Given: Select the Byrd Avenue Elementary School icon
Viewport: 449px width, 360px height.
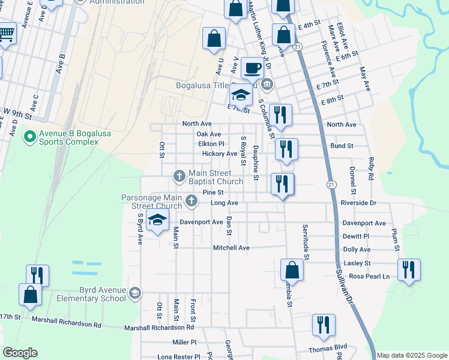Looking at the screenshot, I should pos(136,293).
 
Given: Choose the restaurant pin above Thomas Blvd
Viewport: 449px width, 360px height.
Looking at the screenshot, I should pos(324,325).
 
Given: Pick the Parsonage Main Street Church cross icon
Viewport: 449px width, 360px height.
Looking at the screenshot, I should pos(191,200).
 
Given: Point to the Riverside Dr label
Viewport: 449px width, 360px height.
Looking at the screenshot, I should pos(359,203).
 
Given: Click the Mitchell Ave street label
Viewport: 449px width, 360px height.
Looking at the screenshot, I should pos(231,247).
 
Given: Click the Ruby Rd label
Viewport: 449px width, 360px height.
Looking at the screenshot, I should pos(370,169).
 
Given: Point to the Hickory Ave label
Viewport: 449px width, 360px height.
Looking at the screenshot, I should pos(220,154).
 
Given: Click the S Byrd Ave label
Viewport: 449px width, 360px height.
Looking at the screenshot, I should pos(140,227).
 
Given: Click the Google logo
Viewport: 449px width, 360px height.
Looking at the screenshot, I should pos(20,353).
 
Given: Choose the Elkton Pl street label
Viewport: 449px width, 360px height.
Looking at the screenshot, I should pos(211,144).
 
